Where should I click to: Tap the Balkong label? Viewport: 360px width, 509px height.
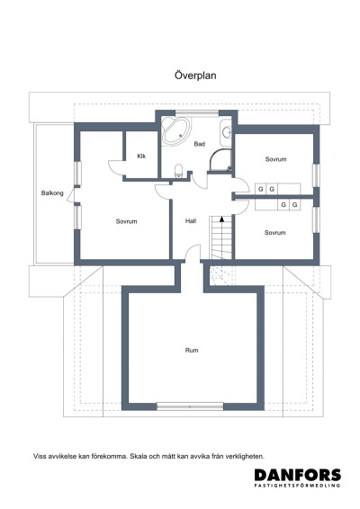click(x=52, y=193)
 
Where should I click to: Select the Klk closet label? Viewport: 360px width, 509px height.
click(x=141, y=156)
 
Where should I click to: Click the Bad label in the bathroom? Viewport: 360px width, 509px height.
click(x=199, y=144)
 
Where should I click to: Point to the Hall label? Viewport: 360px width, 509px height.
click(x=191, y=220)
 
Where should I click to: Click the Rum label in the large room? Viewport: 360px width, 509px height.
click(x=192, y=350)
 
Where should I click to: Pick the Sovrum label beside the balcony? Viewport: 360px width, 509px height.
click(x=126, y=220)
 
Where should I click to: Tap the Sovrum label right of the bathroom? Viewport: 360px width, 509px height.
click(x=275, y=159)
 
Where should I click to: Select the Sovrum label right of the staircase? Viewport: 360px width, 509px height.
click(x=275, y=232)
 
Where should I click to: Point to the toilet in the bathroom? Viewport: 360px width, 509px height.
click(x=180, y=171)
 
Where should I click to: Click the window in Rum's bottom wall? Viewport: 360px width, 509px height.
click(x=192, y=405)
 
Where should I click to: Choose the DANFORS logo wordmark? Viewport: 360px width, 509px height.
click(x=296, y=475)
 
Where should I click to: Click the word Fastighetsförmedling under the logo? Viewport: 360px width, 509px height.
click(x=296, y=487)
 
